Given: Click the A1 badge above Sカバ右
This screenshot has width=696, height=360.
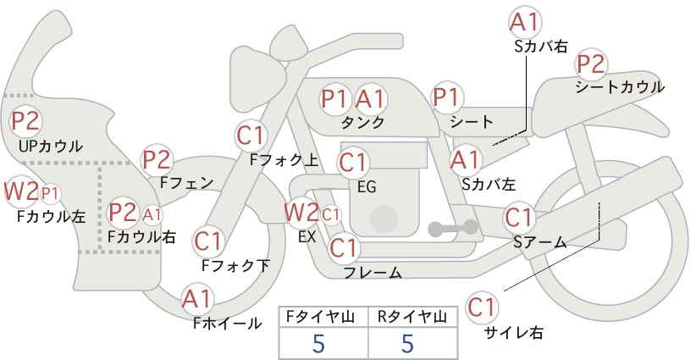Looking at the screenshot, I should pyautogui.click(x=525, y=22).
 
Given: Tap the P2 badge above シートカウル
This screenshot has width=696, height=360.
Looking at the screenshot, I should pyautogui.click(x=590, y=64).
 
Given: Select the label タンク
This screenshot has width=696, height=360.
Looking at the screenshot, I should pyautogui.click(x=362, y=123).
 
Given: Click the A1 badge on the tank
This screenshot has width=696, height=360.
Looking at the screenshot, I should pyautogui.click(x=370, y=99).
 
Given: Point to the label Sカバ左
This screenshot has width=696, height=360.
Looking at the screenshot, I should pyautogui.click(x=489, y=182).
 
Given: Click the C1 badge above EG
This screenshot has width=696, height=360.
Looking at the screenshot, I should pyautogui.click(x=354, y=161).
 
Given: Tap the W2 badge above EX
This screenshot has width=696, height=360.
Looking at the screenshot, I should pyautogui.click(x=301, y=212).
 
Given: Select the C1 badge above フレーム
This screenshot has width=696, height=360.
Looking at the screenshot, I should pyautogui.click(x=344, y=248).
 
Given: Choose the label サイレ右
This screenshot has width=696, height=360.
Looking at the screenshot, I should pyautogui.click(x=513, y=333).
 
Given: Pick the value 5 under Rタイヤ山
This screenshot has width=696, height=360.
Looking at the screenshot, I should pyautogui.click(x=408, y=344).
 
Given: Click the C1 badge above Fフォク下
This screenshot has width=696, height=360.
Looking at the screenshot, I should pyautogui.click(x=208, y=241).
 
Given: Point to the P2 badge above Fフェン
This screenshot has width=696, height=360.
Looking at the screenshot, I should pyautogui.click(x=157, y=158).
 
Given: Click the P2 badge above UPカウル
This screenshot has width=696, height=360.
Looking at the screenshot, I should pyautogui.click(x=26, y=121).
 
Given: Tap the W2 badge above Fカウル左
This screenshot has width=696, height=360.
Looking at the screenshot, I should pyautogui.click(x=20, y=191).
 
